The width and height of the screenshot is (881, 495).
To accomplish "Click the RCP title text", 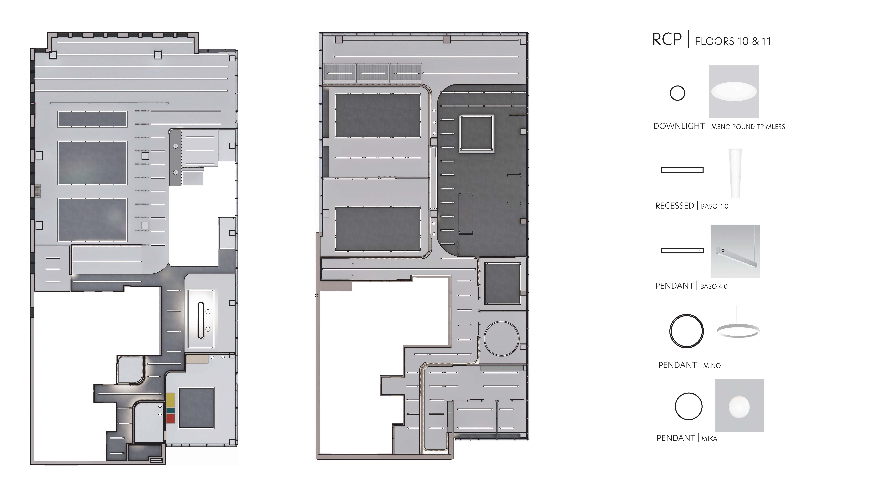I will point(667,40).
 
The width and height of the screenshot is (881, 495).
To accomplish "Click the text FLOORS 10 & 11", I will point(733,41).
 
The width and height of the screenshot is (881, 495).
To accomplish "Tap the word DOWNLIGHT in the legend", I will point(678,126).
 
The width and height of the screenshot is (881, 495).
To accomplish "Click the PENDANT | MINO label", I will point(689,365).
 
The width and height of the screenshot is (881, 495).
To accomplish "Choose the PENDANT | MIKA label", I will point(686,438).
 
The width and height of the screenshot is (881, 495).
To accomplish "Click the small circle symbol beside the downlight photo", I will point(677,93).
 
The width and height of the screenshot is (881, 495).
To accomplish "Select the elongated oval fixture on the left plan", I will point(201,320).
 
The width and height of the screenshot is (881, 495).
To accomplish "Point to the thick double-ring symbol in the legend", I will point(686,331).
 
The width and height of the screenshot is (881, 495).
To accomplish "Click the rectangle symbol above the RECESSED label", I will point(682,170).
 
